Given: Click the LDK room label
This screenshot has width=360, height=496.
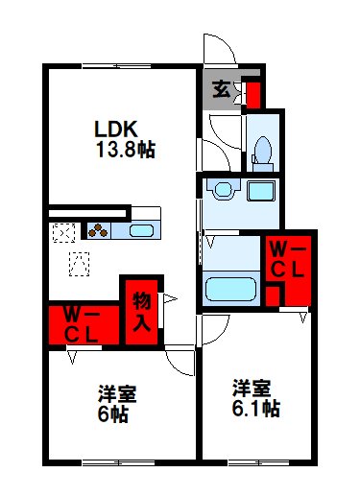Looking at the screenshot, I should click(118, 129).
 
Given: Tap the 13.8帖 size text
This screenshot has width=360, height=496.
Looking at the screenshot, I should click(126, 150).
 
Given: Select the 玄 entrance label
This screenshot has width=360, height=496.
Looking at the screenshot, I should click(221, 91).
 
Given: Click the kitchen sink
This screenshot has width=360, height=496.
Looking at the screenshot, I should click(141, 230).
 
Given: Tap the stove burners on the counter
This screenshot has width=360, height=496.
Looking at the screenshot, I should click(99, 230).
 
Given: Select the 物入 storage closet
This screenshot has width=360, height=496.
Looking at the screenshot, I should click(141, 311).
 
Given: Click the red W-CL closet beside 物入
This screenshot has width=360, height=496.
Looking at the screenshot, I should click(82, 324).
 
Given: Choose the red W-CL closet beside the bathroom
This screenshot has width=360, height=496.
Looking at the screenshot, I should click(287, 259).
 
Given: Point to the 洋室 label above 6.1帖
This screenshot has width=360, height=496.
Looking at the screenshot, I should click(252, 389).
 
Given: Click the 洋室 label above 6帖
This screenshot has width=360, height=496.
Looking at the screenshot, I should click(113, 393).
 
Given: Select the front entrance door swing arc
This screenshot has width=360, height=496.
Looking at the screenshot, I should click(217, 50).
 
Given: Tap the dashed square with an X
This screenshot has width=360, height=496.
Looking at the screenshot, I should click(63, 231).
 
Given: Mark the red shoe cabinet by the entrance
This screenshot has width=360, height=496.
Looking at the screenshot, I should click(253, 94).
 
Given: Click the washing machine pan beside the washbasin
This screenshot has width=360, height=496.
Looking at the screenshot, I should click(262, 189).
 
